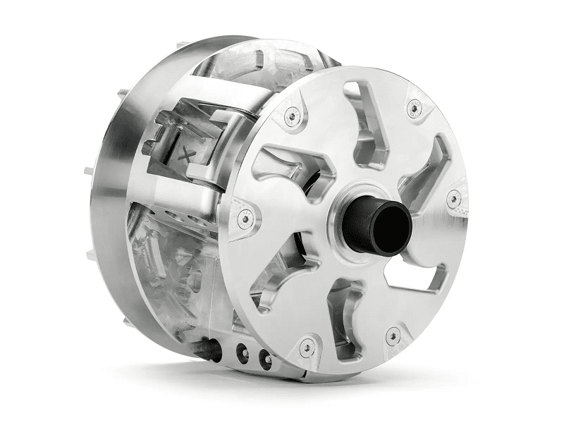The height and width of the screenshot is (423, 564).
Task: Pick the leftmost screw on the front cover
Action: [x=243, y=219]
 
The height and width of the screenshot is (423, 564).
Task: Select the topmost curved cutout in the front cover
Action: [x=368, y=123]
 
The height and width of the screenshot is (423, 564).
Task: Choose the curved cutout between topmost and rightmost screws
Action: [x=428, y=166]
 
